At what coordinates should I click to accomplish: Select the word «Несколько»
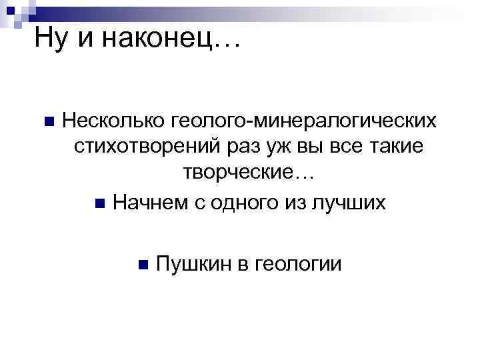(115, 121)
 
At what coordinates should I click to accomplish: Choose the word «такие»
(396, 147)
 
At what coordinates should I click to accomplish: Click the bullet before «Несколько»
(47, 122)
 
